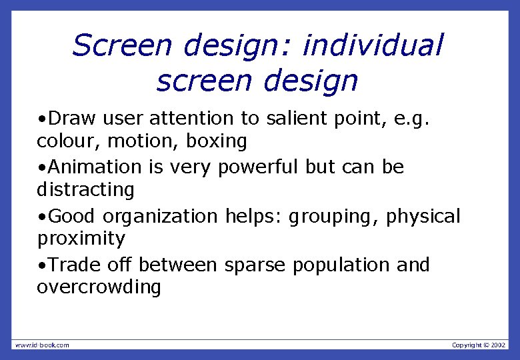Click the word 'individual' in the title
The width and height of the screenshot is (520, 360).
[373, 46]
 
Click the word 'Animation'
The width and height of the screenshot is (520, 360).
[95, 167]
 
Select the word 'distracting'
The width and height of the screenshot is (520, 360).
[85, 190]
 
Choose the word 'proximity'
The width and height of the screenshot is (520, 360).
[81, 239]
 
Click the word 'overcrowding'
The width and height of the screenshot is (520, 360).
[99, 288]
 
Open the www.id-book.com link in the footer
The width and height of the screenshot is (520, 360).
[42, 345]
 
